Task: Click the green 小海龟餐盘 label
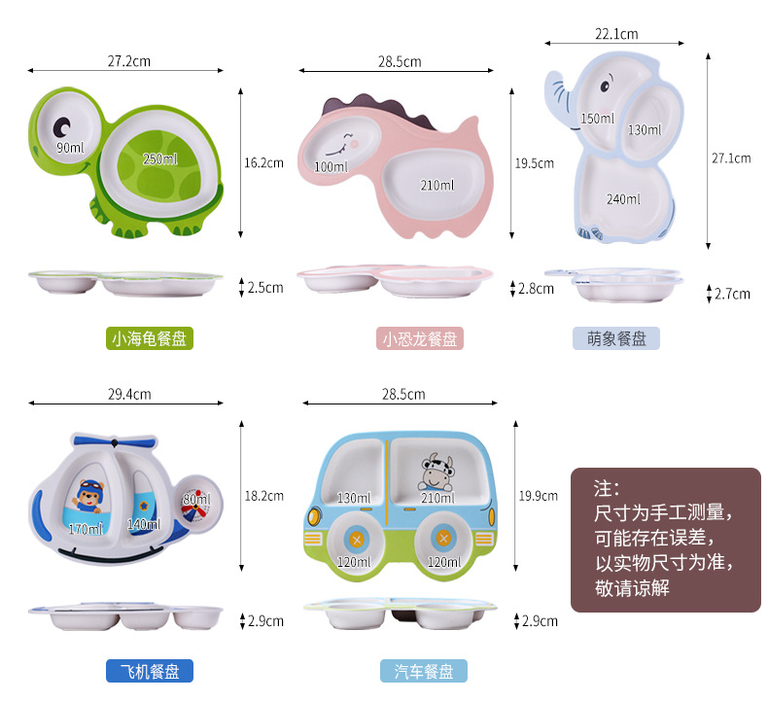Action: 149,338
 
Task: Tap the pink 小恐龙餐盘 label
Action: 419,338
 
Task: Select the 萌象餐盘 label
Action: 616,338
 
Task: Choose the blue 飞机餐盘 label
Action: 149,671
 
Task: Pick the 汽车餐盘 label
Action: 424,671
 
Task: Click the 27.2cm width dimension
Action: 129,61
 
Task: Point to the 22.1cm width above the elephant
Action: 616,34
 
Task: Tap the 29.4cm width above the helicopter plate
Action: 129,394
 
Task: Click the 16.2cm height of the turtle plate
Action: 264,162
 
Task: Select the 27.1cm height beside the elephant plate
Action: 731,157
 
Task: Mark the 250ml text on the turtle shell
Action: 160,158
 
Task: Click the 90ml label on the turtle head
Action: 69,148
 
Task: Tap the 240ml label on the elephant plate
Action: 623,199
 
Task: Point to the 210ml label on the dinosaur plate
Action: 436,185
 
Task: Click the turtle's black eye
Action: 63,126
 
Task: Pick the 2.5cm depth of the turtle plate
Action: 264,288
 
